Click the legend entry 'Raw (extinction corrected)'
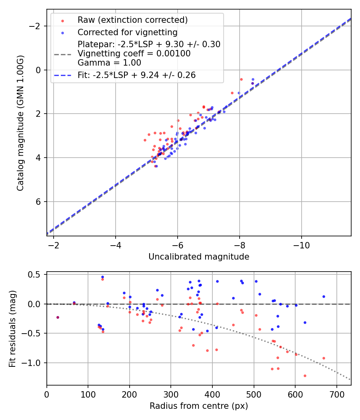(132, 20)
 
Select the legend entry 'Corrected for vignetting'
(127, 32)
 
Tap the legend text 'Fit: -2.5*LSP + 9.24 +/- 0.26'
(136, 75)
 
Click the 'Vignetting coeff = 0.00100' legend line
(134, 53)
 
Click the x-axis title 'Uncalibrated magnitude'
(199, 257)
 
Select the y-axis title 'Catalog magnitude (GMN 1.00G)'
(20, 123)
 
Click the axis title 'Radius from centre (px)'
(199, 406)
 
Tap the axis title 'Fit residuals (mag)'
(12, 328)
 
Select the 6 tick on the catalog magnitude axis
(39, 202)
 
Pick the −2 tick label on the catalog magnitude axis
(36, 26)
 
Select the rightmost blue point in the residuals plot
(324, 296)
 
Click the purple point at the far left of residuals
(58, 317)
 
